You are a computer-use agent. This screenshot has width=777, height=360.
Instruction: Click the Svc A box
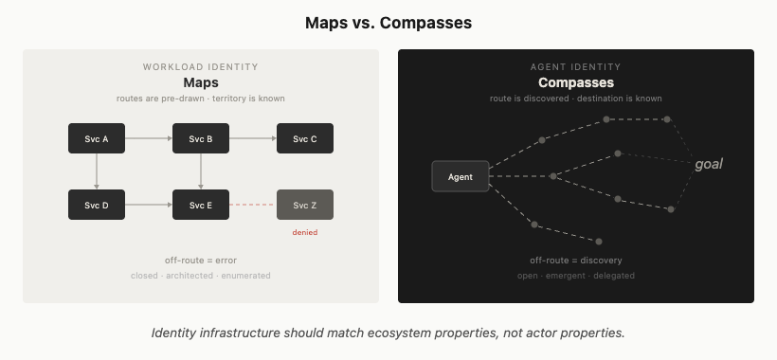click(97, 138)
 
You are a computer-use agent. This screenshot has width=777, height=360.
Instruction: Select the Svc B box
click(201, 138)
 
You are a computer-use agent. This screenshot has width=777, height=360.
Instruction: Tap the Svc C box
click(305, 138)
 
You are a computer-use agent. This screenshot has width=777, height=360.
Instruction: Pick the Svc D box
click(97, 205)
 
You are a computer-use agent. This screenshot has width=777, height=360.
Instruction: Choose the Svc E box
click(201, 205)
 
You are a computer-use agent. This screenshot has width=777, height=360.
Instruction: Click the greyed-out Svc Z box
click(305, 205)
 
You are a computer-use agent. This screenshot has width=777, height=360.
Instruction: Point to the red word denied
click(305, 232)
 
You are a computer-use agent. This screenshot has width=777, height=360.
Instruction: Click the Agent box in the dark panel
click(461, 176)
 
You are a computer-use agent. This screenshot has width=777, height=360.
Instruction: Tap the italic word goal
click(709, 165)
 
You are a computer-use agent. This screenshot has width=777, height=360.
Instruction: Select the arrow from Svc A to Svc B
click(149, 138)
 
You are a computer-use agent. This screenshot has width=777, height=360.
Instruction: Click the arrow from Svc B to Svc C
click(253, 138)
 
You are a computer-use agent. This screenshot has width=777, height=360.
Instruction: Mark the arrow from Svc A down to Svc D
click(97, 171)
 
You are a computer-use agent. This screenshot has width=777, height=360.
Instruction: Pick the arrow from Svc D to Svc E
click(149, 205)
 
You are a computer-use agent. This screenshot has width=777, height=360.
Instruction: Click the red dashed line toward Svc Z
click(253, 205)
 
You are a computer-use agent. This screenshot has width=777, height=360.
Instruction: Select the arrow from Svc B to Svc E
click(201, 171)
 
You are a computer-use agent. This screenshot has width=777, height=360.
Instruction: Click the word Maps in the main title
click(326, 23)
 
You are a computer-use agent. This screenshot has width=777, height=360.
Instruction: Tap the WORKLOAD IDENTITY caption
click(201, 67)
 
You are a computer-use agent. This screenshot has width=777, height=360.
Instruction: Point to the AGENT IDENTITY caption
click(576, 67)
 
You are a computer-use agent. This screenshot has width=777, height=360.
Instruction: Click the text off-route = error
click(201, 261)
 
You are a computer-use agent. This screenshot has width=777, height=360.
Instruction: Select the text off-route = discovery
click(576, 261)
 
